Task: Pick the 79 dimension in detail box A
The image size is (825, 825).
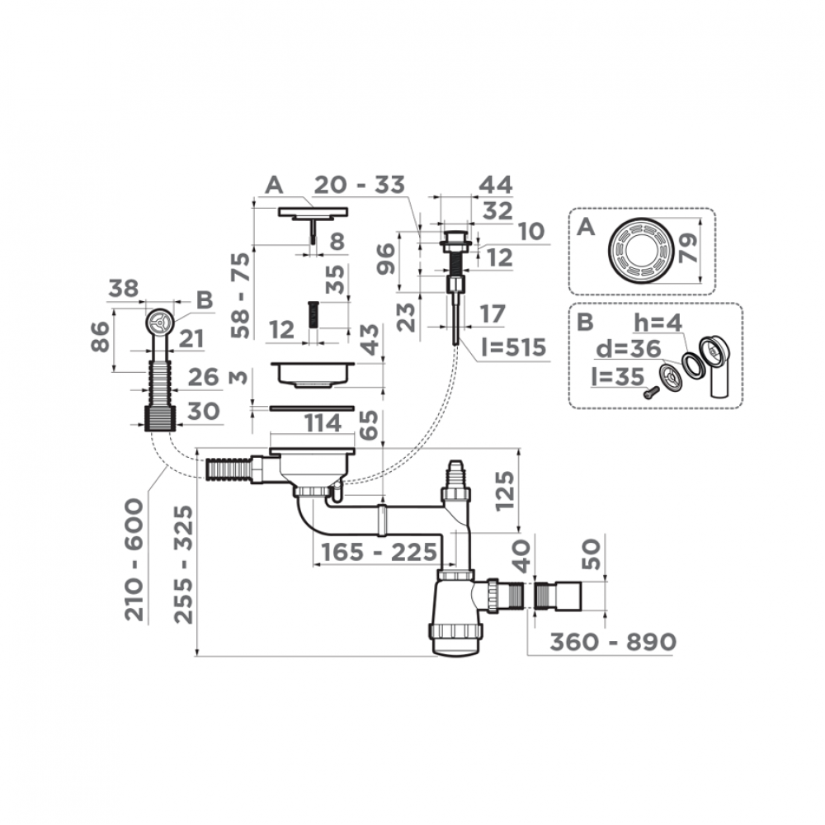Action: coord(689,245)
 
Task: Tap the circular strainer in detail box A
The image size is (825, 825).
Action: coord(640,249)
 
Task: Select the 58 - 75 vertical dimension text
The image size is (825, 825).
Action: coord(240,295)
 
